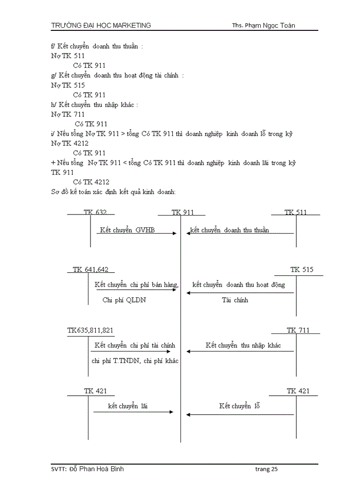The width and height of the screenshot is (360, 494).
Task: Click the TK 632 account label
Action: coord(95,212)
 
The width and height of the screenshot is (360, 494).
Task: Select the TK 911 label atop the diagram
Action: coord(183,212)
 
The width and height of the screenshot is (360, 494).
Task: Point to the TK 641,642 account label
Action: coord(91,269)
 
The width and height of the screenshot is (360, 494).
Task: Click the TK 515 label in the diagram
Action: coord(301,269)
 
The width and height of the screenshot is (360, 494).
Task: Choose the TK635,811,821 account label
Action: coord(91,330)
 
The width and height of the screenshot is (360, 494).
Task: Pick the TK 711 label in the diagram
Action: coord(298,330)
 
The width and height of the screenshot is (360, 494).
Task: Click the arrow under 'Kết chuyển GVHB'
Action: coord(137,233)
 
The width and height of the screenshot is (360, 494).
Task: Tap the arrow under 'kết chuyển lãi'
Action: coord(133,412)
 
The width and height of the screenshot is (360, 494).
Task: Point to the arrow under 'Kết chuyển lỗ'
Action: coord(240,414)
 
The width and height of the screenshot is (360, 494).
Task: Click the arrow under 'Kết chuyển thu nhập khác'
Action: coord(240,351)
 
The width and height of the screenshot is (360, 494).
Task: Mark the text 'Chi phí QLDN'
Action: coord(124,300)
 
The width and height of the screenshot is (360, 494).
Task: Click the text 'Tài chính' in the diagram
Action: coord(235,300)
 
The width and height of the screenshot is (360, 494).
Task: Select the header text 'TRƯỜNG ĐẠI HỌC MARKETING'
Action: coord(101,25)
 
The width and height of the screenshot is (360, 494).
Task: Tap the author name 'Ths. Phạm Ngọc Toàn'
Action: coord(263,25)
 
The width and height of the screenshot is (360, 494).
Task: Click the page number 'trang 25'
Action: coord(266,469)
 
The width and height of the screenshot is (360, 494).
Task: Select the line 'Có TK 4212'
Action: coord(91,182)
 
